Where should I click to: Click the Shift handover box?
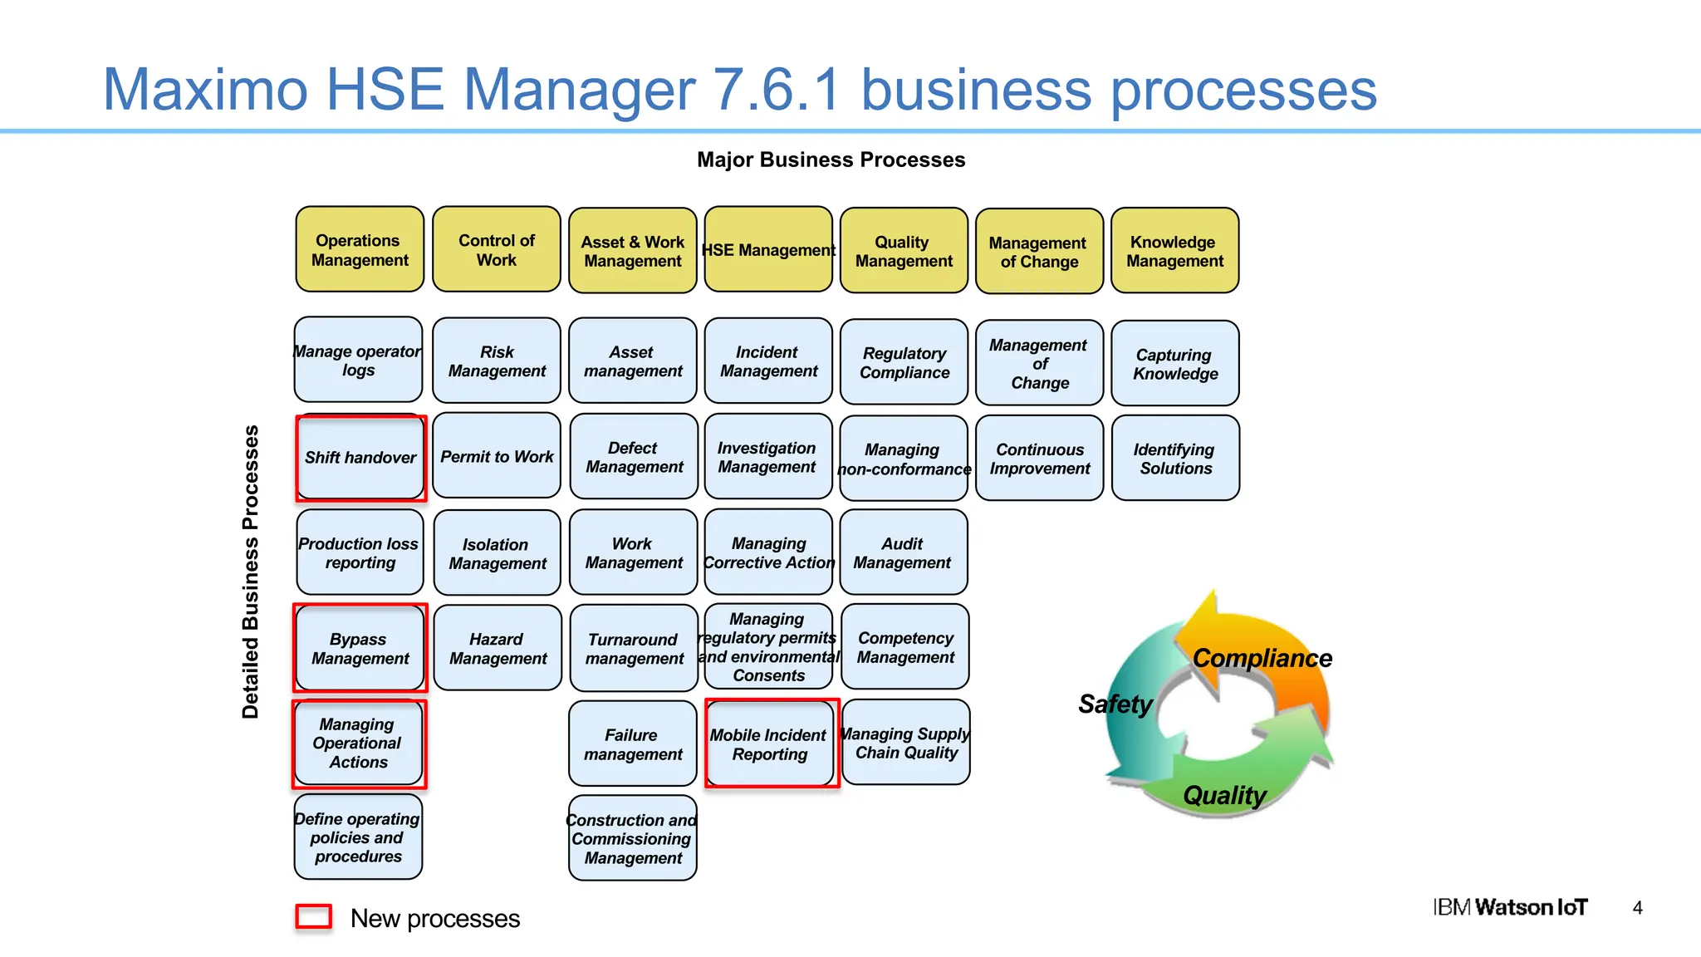360,458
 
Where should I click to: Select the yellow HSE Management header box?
768,250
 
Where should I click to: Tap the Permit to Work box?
497,457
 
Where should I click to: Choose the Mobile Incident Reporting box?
770,744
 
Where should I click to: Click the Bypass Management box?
360,649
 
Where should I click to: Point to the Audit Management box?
903,553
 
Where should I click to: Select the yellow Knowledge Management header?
1174,251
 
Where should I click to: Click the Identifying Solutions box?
1175,459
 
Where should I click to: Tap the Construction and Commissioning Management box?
632,838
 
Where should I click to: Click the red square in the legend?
314,917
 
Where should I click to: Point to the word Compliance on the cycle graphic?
1262,659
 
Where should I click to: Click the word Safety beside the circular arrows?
1115,704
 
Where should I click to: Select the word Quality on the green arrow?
1224,796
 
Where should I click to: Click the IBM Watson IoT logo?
1510,907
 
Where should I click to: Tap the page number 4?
1637,908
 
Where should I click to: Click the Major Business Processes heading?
831,159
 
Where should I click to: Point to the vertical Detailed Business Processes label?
250,572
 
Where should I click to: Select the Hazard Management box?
498,649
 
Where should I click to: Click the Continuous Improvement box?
1039,459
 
